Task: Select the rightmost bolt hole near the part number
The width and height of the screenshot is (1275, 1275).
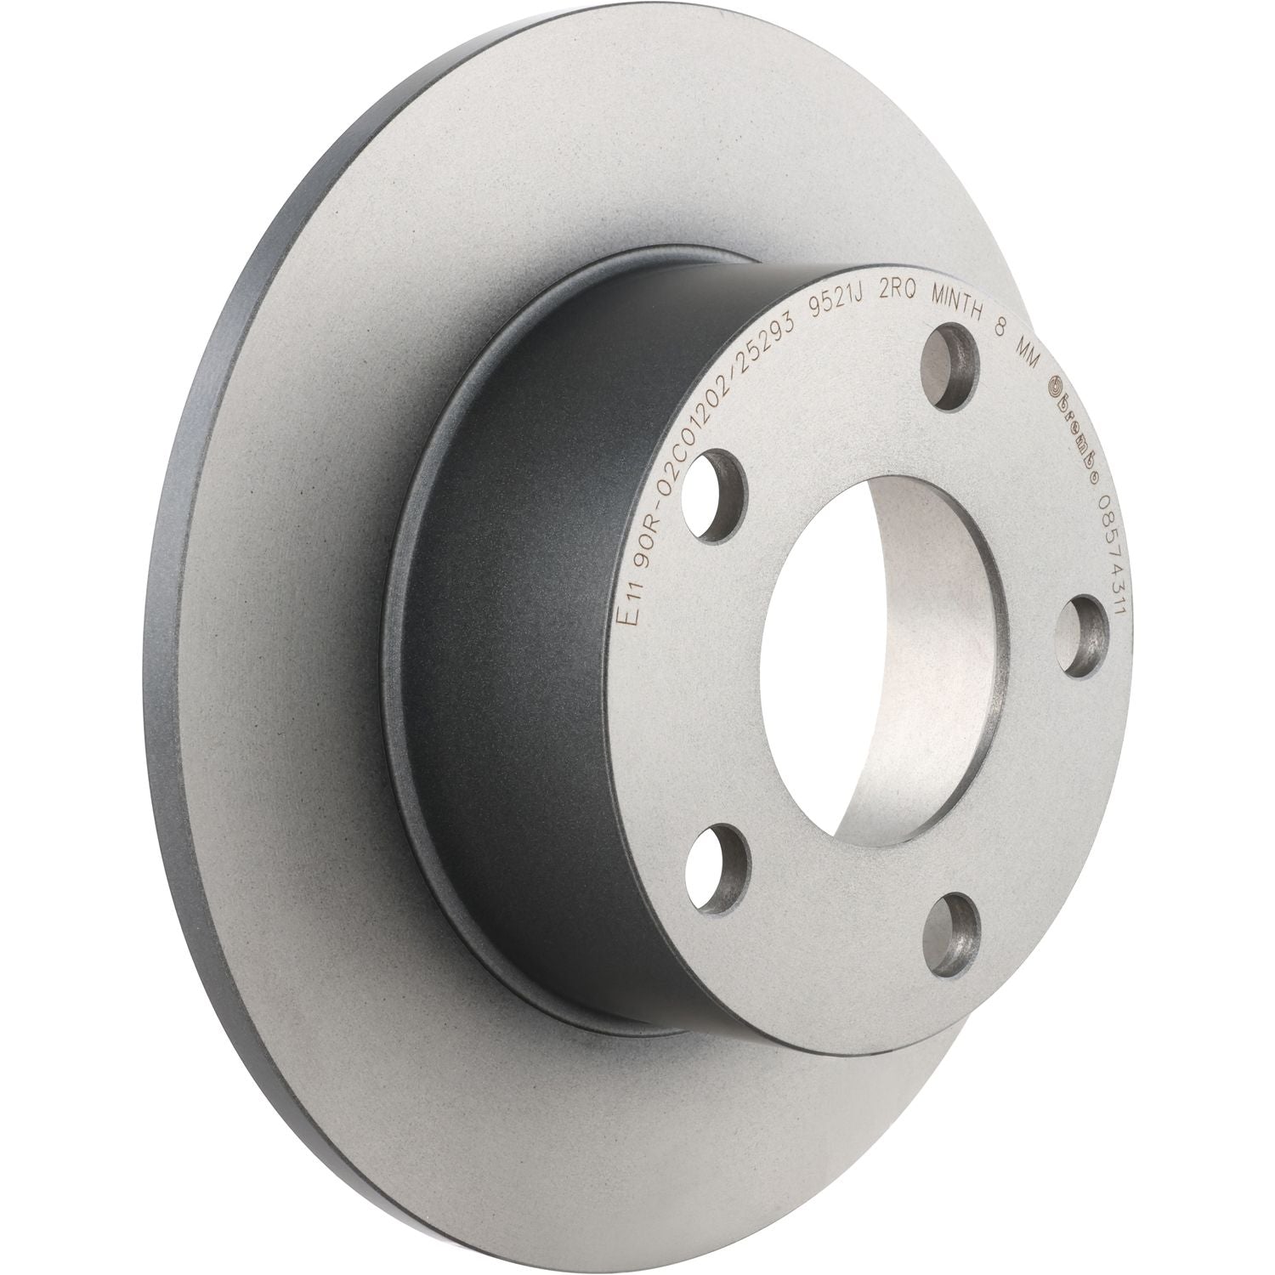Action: (x=1084, y=631)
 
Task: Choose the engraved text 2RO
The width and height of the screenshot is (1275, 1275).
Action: (x=897, y=308)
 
